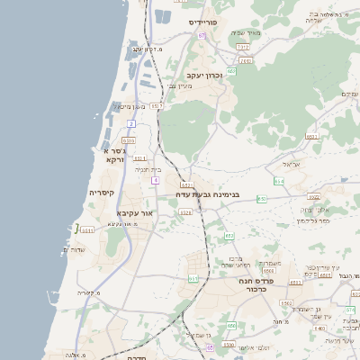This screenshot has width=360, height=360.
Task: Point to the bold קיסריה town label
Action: pyautogui.click(x=101, y=193)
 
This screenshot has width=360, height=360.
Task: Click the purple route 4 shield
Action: pyautogui.click(x=155, y=181)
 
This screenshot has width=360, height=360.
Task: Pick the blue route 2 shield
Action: pyautogui.click(x=131, y=122)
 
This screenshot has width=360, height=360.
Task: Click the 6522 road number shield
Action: pyautogui.click(x=313, y=195)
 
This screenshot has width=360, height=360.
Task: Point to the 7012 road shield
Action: pyautogui.click(x=243, y=46)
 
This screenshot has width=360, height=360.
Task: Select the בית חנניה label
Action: pyautogui.click(x=148, y=169)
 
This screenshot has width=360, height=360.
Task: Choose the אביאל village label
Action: pyautogui.click(x=289, y=165)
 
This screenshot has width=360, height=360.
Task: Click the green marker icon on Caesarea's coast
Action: pyautogui.click(x=77, y=228)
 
